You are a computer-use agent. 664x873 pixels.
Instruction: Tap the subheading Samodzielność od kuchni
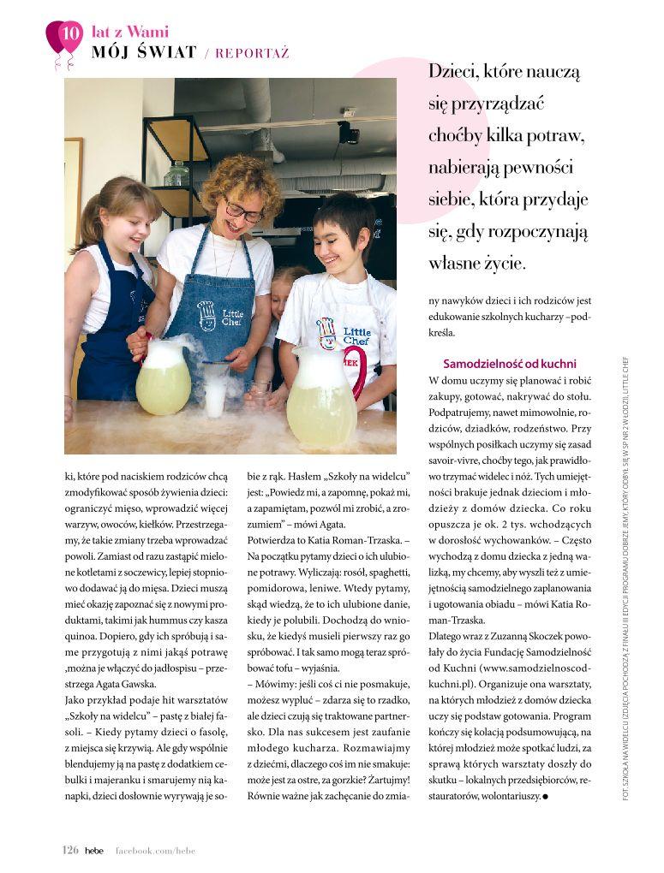[509, 364]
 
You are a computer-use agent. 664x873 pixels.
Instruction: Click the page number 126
[70, 850]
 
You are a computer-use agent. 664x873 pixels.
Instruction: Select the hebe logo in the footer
[94, 850]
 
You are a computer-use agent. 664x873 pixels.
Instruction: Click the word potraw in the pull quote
[556, 136]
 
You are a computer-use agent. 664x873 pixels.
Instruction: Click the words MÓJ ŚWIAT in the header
[145, 52]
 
